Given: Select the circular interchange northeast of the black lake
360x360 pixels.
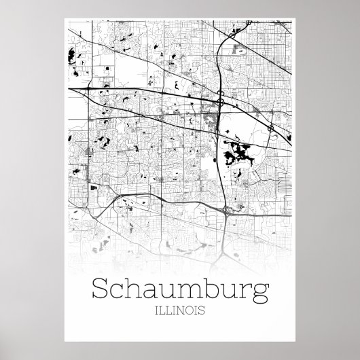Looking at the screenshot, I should (x=270, y=127).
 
